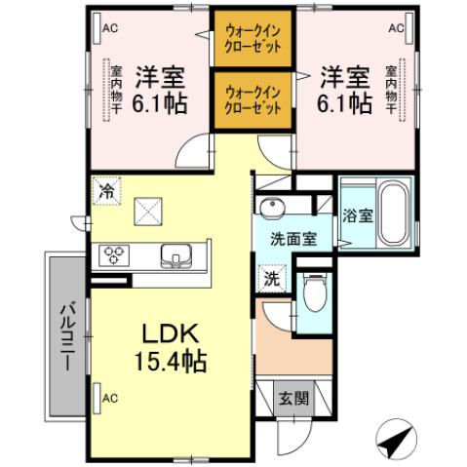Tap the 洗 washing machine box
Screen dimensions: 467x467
click(271, 278)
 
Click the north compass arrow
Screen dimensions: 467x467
click(394, 442)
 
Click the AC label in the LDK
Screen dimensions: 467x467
click(110, 398)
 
